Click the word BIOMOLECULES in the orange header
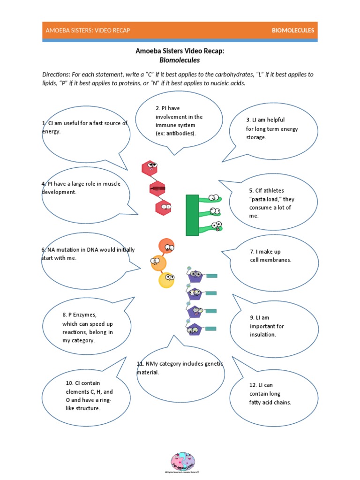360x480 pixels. (x=293, y=30)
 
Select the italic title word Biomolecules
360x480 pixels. (x=180, y=60)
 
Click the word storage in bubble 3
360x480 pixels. (x=256, y=137)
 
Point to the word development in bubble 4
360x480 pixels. (x=58, y=192)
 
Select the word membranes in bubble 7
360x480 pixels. (x=277, y=260)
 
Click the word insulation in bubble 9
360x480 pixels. (x=263, y=335)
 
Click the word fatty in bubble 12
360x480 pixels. (x=257, y=403)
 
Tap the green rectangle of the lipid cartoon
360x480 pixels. (x=192, y=215)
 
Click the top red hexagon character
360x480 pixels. (x=150, y=167)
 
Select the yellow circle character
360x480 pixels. (x=166, y=280)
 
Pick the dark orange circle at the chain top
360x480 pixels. (x=166, y=246)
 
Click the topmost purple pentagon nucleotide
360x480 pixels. (x=195, y=276)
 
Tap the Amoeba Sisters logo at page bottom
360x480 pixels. (x=183, y=461)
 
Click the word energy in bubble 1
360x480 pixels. (x=51, y=132)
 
